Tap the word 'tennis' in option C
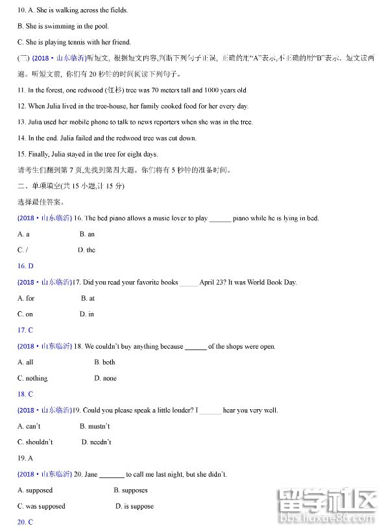click(x=80, y=42)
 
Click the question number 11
click(x=21, y=90)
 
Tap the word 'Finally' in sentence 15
click(x=41, y=155)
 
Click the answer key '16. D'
click(x=25, y=266)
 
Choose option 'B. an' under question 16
click(x=87, y=234)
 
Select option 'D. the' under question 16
click(x=86, y=250)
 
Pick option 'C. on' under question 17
click(x=25, y=314)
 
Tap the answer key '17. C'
click(x=25, y=330)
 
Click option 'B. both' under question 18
click(x=104, y=362)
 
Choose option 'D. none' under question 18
click(x=105, y=378)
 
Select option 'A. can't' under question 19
click(x=29, y=426)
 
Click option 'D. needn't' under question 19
click(x=96, y=442)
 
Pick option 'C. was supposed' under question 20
click(x=42, y=506)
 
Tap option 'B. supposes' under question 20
click(x=130, y=490)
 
